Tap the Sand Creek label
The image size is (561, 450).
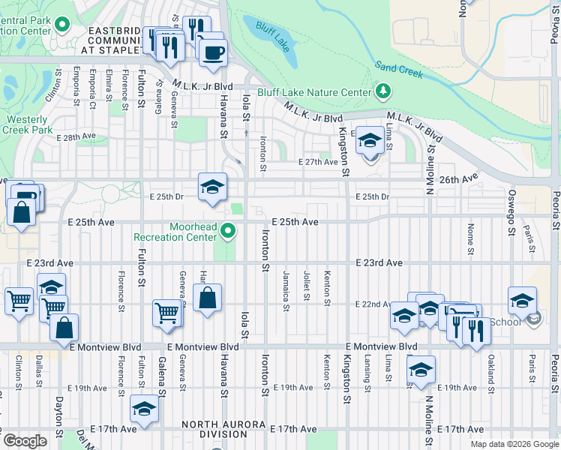pyautogui.click(x=400, y=70)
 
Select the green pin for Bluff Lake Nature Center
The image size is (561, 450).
pyautogui.click(x=384, y=92)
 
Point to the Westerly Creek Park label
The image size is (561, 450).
pyautogui.click(x=30, y=124)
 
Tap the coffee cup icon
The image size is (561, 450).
pyautogui.click(x=213, y=52)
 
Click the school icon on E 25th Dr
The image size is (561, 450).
pyautogui.click(x=213, y=187)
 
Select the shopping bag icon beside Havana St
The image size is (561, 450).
pyautogui.click(x=208, y=298)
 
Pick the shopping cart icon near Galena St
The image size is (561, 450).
pyautogui.click(x=166, y=313)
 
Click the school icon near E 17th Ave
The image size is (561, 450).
pyautogui.click(x=143, y=409)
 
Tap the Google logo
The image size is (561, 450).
pyautogui.click(x=25, y=441)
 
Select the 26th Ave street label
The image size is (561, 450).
pyautogui.click(x=458, y=179)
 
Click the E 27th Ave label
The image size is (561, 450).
pyautogui.click(x=318, y=162)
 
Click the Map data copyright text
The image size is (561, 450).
pyautogui.click(x=514, y=444)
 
